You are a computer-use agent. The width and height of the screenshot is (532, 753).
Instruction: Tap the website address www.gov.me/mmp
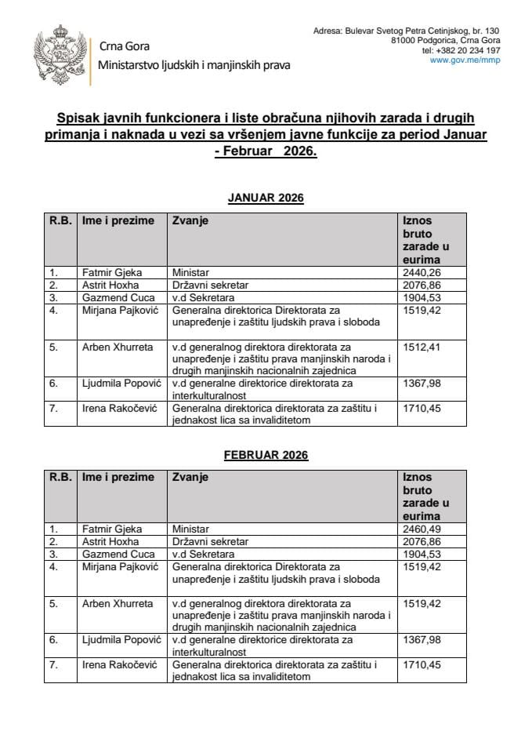click(465, 60)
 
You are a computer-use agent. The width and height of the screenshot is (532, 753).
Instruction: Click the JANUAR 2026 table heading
click(266, 198)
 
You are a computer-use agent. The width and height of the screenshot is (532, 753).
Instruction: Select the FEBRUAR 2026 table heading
click(266, 455)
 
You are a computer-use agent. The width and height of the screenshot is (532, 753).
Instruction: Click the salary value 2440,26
click(420, 272)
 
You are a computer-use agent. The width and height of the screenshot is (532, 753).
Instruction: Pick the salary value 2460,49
click(420, 529)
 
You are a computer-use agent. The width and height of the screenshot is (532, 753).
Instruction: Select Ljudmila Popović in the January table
click(119, 383)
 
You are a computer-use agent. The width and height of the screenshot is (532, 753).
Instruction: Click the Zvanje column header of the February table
click(190, 477)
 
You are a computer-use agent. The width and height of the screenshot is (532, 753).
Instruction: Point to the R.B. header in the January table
click(60, 220)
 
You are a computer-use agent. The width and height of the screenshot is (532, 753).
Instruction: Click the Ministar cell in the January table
click(191, 272)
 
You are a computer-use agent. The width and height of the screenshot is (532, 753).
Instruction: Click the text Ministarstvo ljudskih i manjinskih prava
click(194, 65)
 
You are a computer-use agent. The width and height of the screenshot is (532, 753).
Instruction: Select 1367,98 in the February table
click(420, 640)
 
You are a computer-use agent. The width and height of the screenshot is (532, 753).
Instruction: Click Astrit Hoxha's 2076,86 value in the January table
click(420, 284)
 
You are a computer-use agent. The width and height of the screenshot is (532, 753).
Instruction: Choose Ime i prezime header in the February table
click(118, 477)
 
